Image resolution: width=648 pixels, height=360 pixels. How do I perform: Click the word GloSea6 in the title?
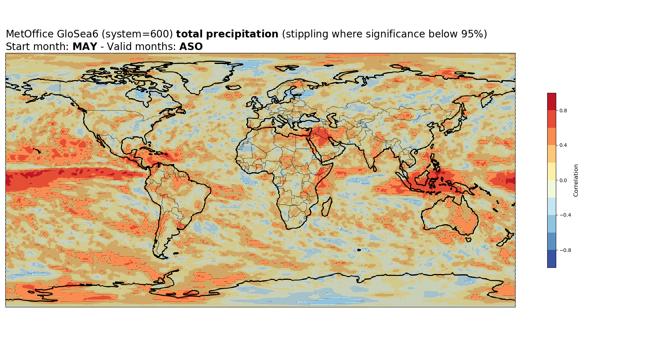tap(77, 34)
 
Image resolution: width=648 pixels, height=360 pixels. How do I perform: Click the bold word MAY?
tap(85, 47)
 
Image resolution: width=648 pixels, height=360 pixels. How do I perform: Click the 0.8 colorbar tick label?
tap(563, 111)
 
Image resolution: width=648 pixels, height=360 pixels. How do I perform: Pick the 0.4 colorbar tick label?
tap(563, 145)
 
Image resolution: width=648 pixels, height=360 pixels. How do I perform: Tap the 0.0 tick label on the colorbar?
tap(563, 180)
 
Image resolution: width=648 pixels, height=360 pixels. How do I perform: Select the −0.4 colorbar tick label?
tap(565, 215)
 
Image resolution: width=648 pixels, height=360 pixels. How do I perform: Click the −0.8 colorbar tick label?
tap(565, 250)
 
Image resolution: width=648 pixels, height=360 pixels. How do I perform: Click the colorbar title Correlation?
tap(576, 180)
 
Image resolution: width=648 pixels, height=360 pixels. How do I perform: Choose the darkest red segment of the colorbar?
tap(552, 102)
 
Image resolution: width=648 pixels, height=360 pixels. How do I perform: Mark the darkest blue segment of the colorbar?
tap(552, 259)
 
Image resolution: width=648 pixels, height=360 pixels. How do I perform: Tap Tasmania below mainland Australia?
tap(468, 239)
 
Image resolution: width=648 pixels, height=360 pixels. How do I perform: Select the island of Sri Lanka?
tap(375, 168)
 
